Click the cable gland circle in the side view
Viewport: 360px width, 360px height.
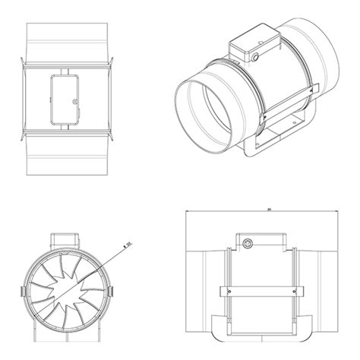coord(249,242)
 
